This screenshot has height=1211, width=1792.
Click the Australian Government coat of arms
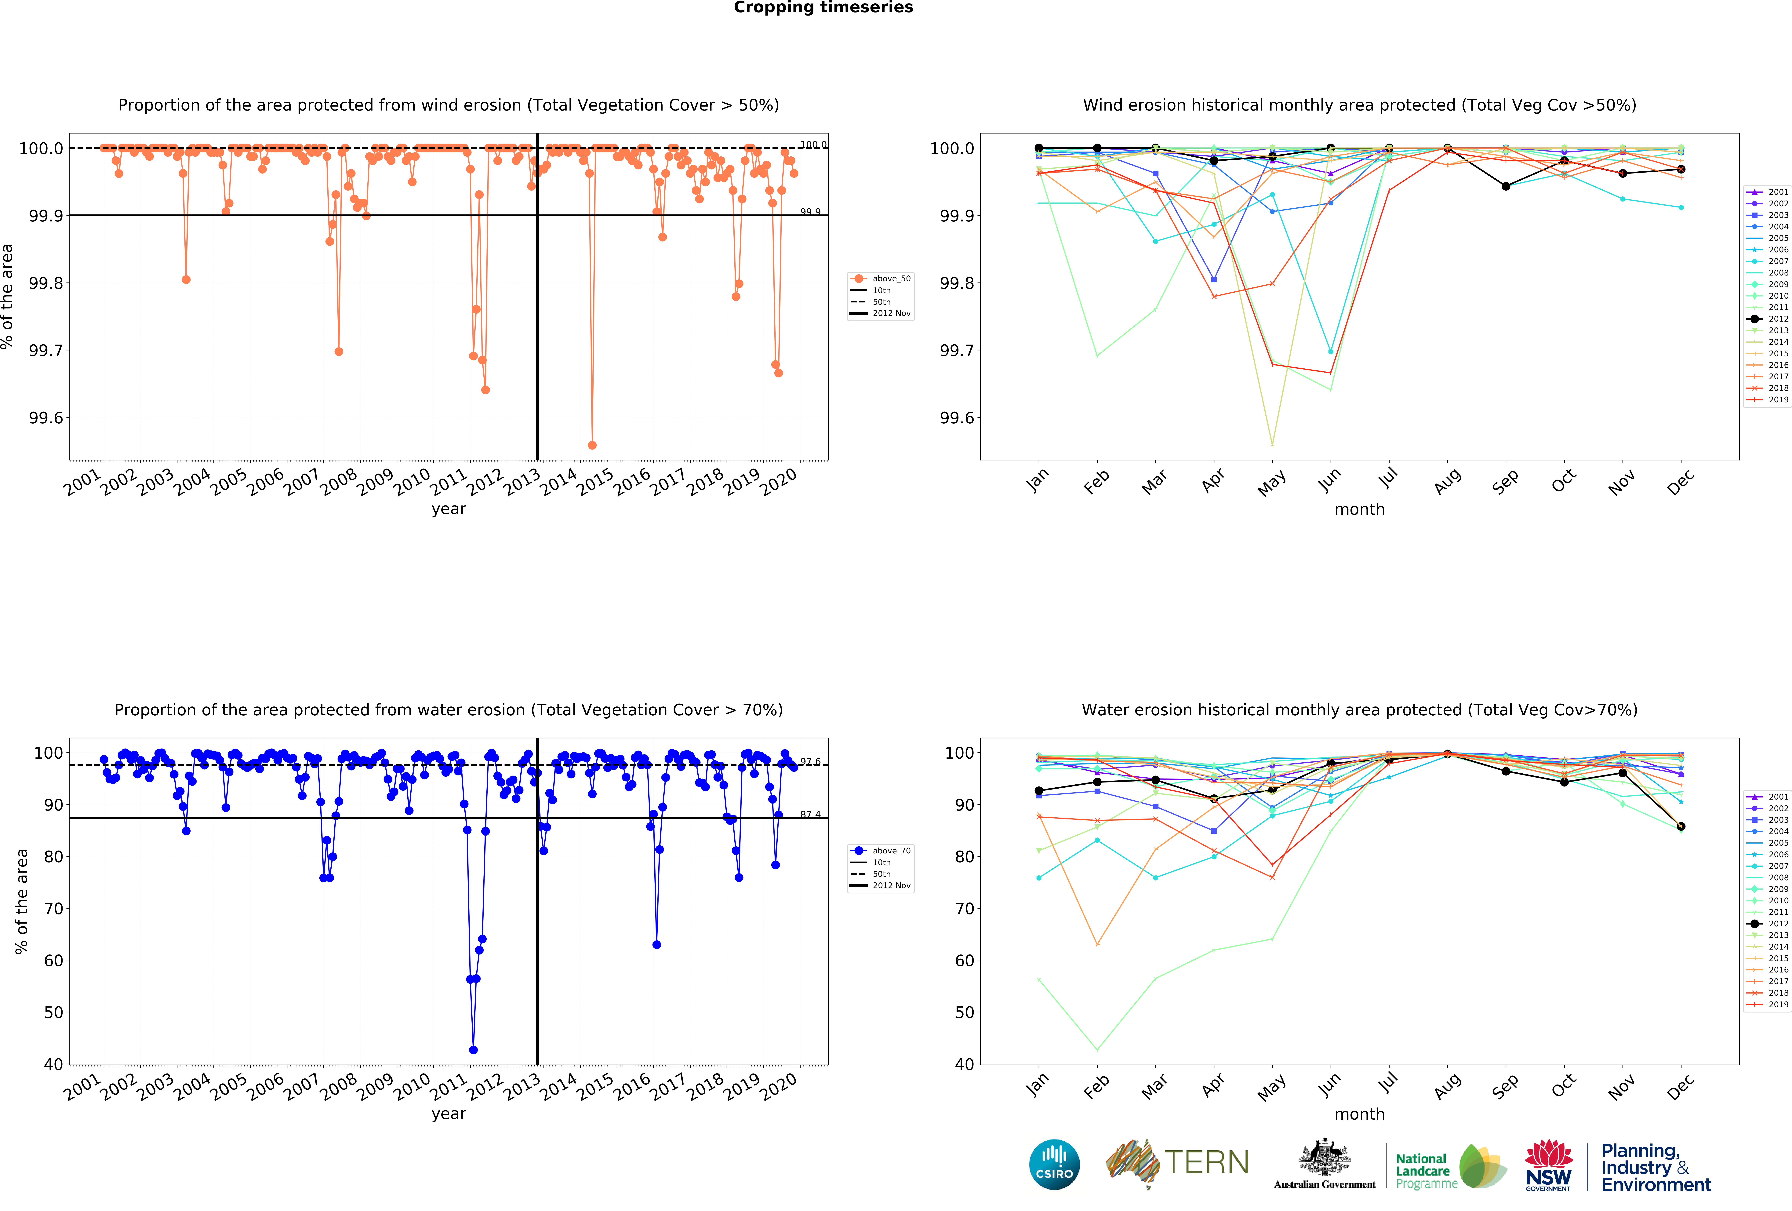(x=1324, y=1157)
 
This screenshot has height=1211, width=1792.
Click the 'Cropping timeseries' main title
(x=823, y=8)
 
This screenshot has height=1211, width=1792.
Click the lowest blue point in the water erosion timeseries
(x=473, y=1050)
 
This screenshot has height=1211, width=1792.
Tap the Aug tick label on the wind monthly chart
(x=1447, y=481)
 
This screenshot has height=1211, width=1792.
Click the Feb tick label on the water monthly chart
(x=1096, y=1086)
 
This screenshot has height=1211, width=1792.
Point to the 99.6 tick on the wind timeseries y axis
(x=45, y=418)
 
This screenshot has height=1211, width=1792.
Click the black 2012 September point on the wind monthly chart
(x=1505, y=186)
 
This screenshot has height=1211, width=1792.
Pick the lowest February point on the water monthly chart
(x=1096, y=1050)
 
